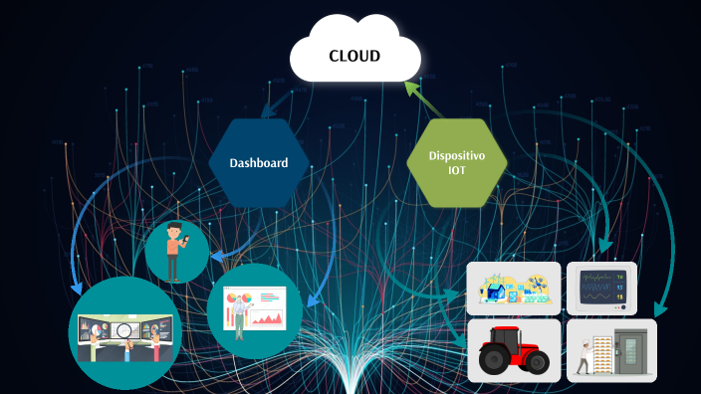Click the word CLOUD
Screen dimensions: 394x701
pyautogui.click(x=354, y=56)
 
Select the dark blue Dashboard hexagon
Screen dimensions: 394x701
pyautogui.click(x=258, y=163)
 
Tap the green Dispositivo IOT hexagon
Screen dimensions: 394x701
pyautogui.click(x=457, y=163)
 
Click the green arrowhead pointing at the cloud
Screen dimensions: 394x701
pyautogui.click(x=408, y=89)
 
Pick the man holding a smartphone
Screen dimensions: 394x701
pyautogui.click(x=175, y=251)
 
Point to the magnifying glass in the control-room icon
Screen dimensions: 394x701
pyautogui.click(x=123, y=330)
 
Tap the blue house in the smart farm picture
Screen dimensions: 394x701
pyautogui.click(x=495, y=293)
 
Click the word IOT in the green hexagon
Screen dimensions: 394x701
pyautogui.click(x=457, y=171)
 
